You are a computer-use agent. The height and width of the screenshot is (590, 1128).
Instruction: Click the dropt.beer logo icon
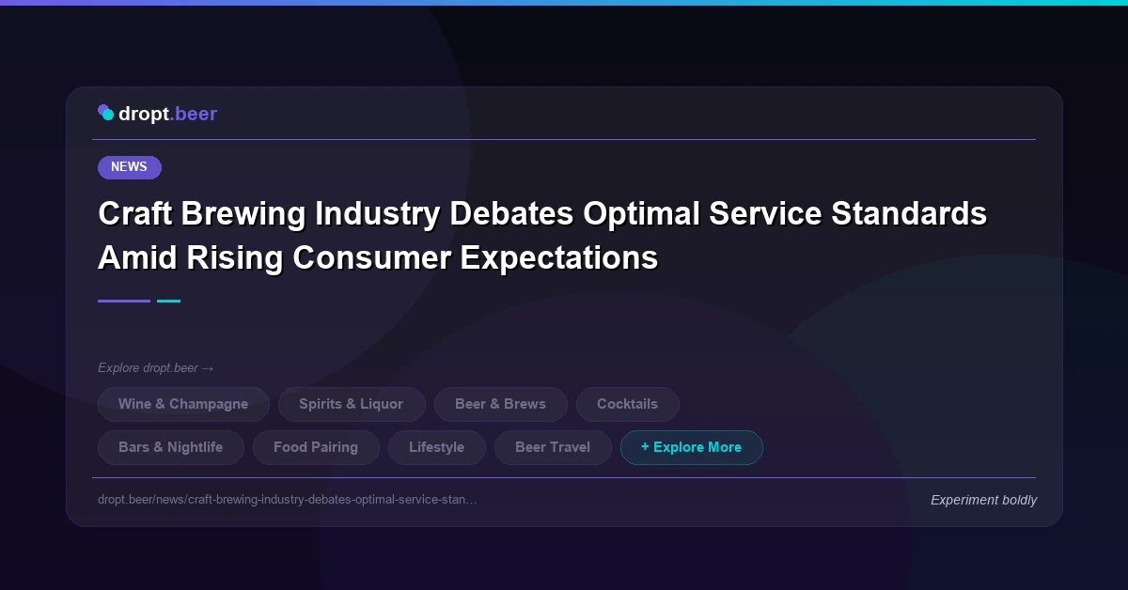coord(106,114)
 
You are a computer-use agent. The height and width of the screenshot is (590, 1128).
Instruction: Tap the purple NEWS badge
coord(129,167)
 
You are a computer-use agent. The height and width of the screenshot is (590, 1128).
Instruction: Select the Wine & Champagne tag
coord(183,404)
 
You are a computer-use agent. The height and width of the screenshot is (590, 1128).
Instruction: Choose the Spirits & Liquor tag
coord(351,404)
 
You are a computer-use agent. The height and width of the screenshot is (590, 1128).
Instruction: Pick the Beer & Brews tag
coord(500,404)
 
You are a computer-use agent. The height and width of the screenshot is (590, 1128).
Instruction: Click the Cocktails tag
coord(627,404)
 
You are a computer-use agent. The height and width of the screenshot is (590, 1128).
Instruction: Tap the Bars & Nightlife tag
coord(170,447)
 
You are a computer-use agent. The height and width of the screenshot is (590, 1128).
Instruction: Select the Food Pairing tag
coord(316,447)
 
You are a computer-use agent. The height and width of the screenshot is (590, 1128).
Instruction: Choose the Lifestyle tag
coord(436,447)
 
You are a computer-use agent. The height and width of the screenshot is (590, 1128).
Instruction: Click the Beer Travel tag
coord(552,447)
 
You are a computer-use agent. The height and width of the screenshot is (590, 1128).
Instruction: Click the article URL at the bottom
coord(287,500)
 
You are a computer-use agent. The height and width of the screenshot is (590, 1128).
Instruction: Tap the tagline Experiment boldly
coord(983,500)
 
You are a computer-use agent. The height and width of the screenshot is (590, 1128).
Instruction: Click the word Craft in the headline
coord(134,214)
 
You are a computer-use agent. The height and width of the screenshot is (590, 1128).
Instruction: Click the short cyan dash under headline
coord(168,301)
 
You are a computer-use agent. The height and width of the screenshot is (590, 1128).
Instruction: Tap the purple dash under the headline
coord(124,301)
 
